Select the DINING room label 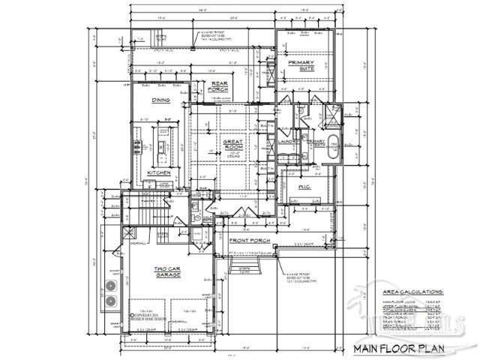click(160, 99)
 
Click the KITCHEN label click(159, 172)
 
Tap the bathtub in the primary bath click(334, 149)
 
